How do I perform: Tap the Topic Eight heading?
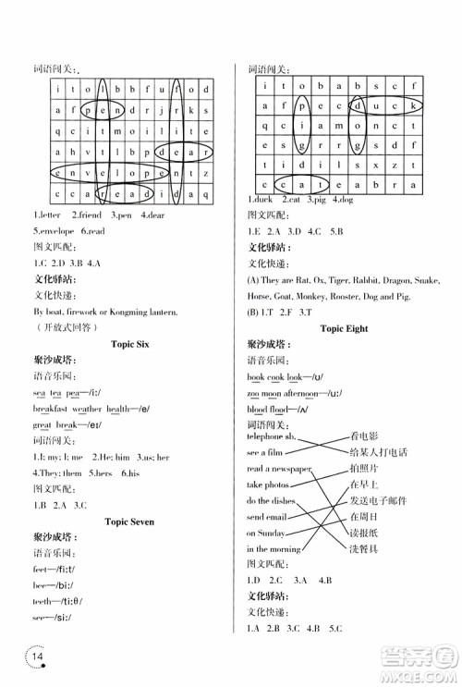pos(343,327)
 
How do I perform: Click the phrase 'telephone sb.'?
pos(271,435)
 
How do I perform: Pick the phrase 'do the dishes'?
pos(269,500)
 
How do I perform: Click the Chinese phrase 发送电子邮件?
pos(377,500)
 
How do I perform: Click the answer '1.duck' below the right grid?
pos(262,200)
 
